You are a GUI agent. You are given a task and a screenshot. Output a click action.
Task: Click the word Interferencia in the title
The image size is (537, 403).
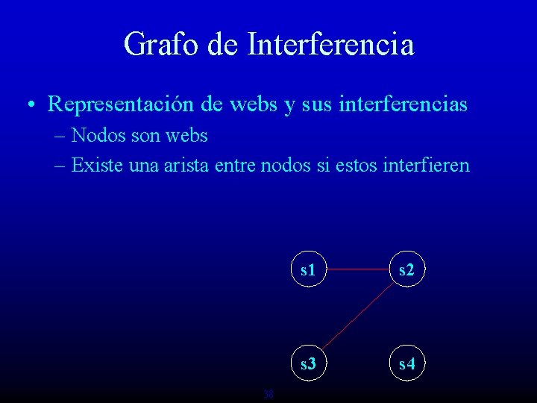tap(330, 44)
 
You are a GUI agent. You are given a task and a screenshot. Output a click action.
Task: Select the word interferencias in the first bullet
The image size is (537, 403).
tap(403, 104)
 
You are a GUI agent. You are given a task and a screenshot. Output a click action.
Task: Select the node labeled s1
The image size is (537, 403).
tap(307, 270)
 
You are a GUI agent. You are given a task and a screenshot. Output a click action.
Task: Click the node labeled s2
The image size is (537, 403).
tap(406, 270)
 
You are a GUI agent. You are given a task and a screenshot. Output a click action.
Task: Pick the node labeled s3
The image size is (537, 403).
tap(307, 364)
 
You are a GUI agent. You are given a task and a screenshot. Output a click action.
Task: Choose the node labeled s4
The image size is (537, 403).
tap(406, 364)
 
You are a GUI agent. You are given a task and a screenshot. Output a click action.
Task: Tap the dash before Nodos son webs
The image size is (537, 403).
tap(60, 137)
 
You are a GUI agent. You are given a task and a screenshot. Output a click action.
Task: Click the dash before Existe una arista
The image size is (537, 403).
tap(60, 166)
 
